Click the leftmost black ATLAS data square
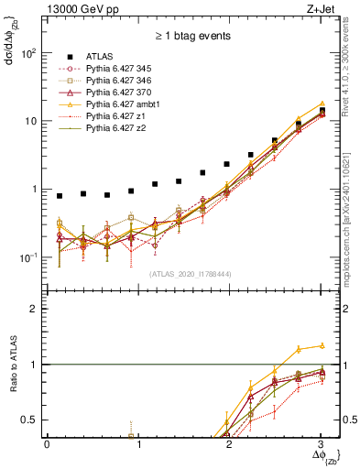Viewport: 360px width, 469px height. [x=60, y=196]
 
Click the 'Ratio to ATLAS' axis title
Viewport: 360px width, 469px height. [x=13, y=365]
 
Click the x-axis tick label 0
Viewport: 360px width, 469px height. [x=47, y=444]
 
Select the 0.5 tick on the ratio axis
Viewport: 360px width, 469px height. [x=34, y=420]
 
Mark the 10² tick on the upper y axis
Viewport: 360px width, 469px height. [x=31, y=53]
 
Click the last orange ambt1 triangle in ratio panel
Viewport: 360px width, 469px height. [x=322, y=345]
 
